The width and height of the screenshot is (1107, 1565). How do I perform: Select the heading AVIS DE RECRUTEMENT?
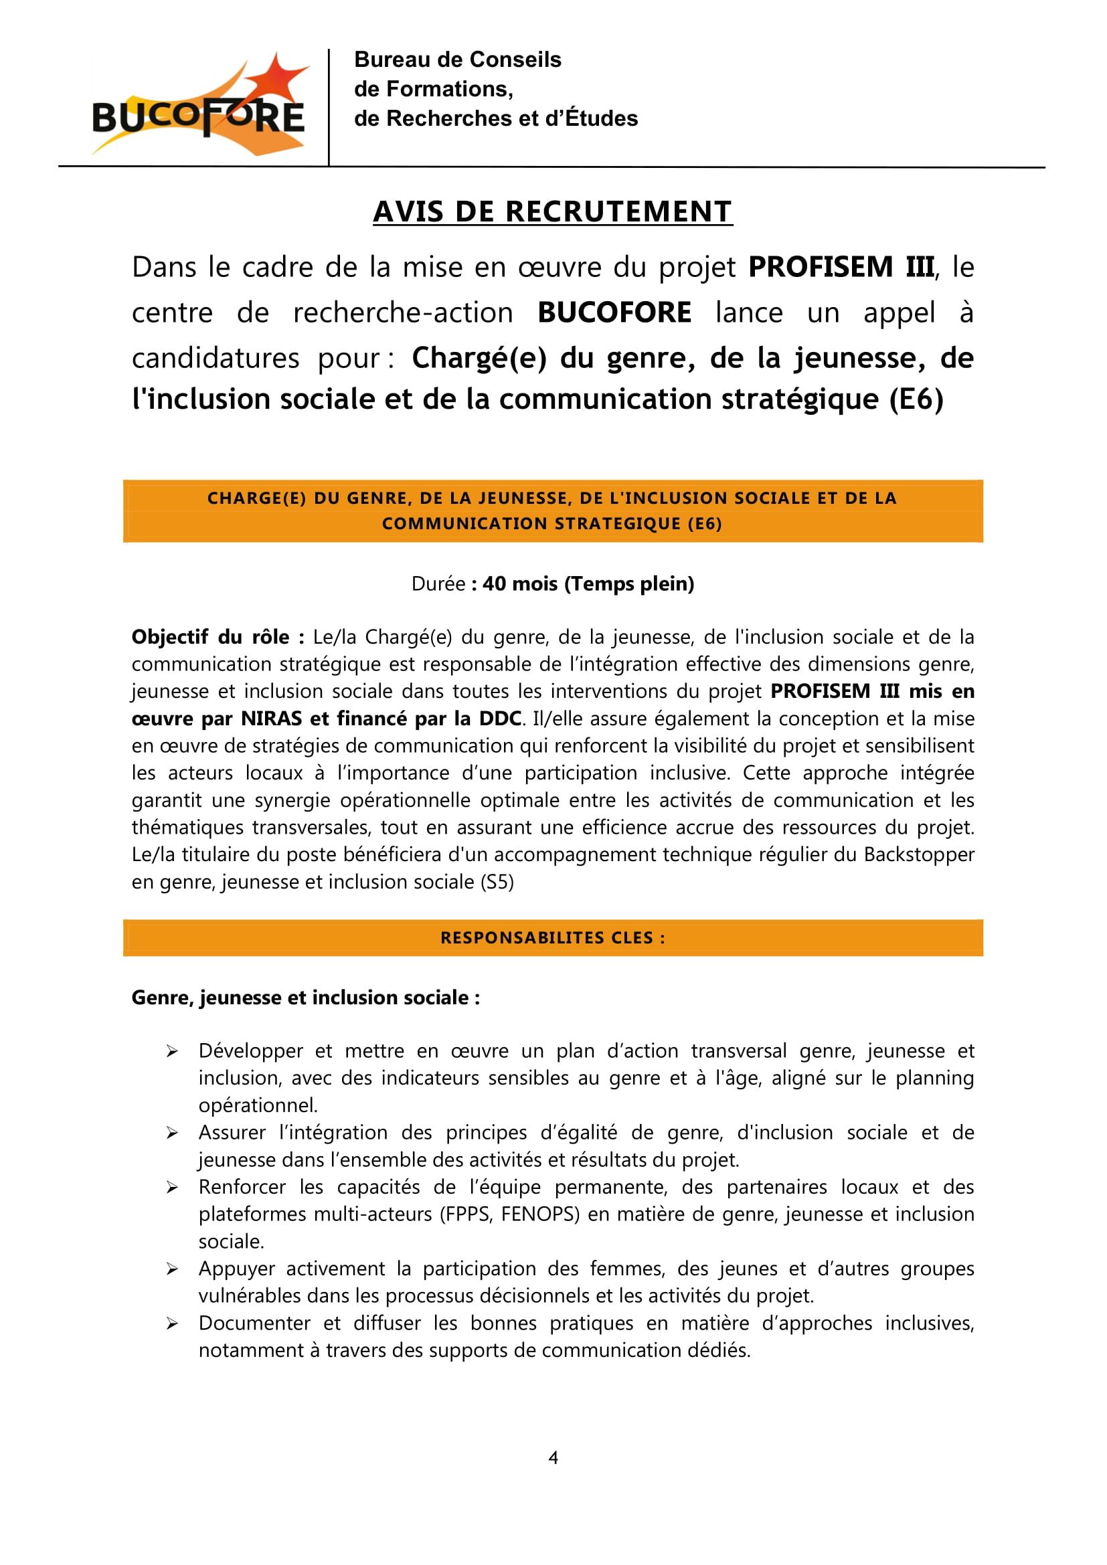click(x=552, y=212)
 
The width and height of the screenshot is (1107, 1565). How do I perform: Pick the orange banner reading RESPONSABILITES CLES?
click(x=552, y=937)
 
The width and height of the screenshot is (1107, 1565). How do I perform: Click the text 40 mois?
click(x=519, y=584)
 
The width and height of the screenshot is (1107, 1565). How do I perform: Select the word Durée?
click(x=438, y=584)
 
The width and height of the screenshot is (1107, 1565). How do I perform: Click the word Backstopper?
click(x=918, y=854)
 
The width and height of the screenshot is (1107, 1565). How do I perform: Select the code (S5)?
click(x=497, y=882)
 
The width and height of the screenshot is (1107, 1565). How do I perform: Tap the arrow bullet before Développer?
click(x=172, y=1052)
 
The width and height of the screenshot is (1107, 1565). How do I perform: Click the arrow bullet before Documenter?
click(x=172, y=1323)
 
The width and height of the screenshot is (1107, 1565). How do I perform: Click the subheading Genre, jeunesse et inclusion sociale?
click(x=305, y=998)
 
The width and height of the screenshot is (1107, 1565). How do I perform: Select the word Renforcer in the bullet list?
click(x=242, y=1187)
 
